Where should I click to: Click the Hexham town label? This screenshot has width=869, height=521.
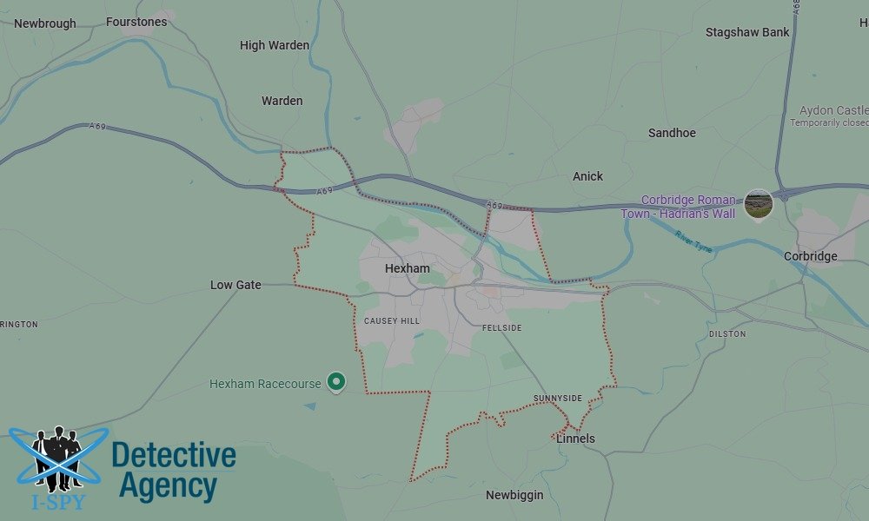(x=407, y=268)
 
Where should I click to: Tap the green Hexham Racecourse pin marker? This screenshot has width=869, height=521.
(x=335, y=381)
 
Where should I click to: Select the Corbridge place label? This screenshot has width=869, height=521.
(x=810, y=256)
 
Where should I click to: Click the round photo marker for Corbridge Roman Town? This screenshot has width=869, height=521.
(x=759, y=204)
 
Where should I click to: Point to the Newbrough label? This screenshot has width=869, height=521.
(x=45, y=23)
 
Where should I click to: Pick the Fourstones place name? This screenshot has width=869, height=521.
(x=136, y=22)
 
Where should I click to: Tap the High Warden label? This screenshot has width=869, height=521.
(x=275, y=45)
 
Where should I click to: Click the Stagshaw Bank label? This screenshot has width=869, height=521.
(x=747, y=32)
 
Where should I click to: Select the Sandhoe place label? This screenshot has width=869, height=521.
(x=672, y=133)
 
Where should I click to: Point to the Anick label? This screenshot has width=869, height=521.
(x=587, y=176)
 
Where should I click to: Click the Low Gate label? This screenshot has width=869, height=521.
(x=235, y=285)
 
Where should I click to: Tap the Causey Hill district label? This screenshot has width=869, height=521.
(x=391, y=321)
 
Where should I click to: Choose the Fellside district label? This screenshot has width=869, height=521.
(x=502, y=328)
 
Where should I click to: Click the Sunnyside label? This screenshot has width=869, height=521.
(x=558, y=399)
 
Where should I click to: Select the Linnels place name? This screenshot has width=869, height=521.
(x=575, y=439)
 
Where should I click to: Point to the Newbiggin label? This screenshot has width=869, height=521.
(x=514, y=495)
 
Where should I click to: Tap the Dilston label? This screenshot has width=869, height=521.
(x=727, y=333)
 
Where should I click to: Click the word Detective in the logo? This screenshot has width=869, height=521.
(x=174, y=455)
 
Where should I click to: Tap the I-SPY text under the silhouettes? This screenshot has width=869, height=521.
(x=58, y=501)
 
